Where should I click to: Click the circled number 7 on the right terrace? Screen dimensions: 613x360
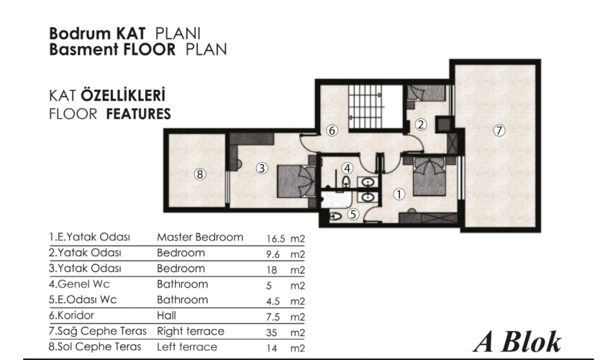(x=499, y=130)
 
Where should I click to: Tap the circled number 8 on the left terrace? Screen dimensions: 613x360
(x=200, y=174)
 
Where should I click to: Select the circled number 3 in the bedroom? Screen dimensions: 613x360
(x=262, y=168)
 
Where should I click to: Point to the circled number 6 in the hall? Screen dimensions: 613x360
(x=332, y=130)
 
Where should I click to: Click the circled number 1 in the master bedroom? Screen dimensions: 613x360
(x=399, y=194)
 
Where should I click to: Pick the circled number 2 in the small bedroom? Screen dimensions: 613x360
(x=421, y=125)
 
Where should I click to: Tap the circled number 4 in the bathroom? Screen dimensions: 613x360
(x=348, y=168)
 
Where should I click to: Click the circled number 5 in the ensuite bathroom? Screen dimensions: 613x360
(x=353, y=214)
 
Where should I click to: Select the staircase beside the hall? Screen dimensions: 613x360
(x=365, y=107)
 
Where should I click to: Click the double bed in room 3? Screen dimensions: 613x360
(x=296, y=181)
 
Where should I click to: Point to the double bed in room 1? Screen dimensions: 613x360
(x=430, y=176)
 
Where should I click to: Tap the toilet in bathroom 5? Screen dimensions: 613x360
(x=335, y=215)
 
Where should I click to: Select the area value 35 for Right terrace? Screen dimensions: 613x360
(x=271, y=333)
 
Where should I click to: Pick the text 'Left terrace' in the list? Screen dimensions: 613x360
(x=187, y=347)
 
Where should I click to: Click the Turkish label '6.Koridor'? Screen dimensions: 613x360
(x=71, y=315)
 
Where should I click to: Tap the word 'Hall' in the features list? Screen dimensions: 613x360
(x=166, y=315)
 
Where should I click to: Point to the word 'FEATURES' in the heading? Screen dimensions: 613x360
(x=138, y=114)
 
